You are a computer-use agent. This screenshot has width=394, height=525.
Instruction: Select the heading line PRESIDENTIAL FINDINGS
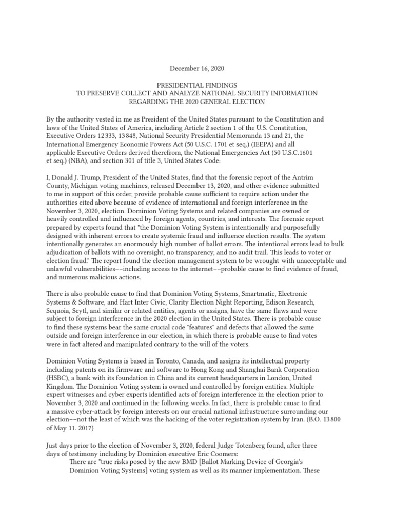point(197,85)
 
